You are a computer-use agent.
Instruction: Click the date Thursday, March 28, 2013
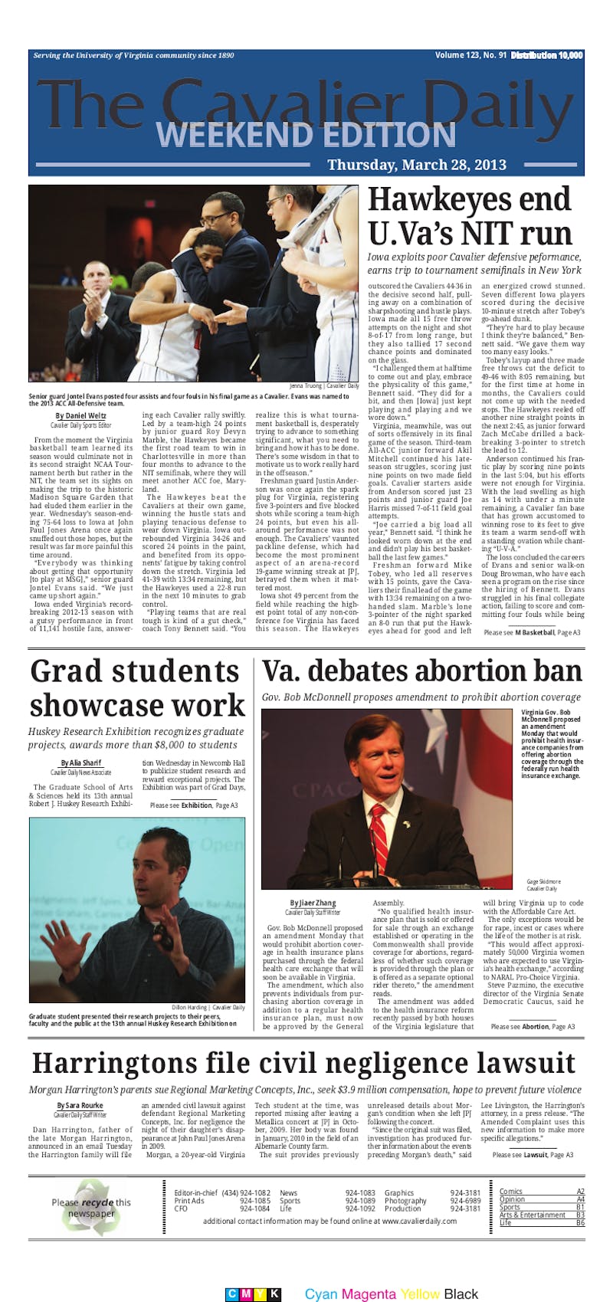pyautogui.click(x=416, y=165)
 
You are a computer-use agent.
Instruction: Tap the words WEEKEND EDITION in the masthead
pyautogui.click(x=306, y=135)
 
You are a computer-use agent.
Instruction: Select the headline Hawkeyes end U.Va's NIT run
pyautogui.click(x=470, y=217)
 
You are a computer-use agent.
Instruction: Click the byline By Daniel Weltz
pyautogui.click(x=80, y=416)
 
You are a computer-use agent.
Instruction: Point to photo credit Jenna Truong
pyautogui.click(x=324, y=385)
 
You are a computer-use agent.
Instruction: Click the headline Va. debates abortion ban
pyautogui.click(x=422, y=671)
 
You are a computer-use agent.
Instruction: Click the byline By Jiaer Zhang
pyautogui.click(x=313, y=904)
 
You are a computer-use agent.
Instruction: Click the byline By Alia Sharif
pyautogui.click(x=80, y=763)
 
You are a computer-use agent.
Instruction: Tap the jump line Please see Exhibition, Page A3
pyautogui.click(x=194, y=805)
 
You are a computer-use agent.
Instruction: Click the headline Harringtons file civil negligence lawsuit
pyautogui.click(x=304, y=1064)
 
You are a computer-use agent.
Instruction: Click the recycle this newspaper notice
pyautogui.click(x=91, y=1208)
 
